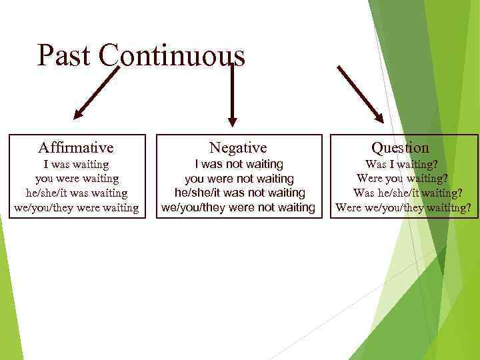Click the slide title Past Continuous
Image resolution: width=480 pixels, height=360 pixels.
click(141, 55)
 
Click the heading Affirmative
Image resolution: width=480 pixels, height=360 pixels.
click(76, 147)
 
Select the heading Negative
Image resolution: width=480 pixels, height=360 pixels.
click(238, 147)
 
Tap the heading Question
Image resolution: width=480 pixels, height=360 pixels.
click(400, 147)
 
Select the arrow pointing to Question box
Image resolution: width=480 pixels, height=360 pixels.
click(361, 94)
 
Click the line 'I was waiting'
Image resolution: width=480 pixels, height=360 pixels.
click(76, 164)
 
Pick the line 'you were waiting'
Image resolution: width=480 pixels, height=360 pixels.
click(76, 179)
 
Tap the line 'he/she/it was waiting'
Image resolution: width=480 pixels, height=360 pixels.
click(76, 193)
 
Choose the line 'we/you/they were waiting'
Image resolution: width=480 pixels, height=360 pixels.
click(76, 208)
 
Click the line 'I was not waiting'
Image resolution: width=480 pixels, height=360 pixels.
click(239, 164)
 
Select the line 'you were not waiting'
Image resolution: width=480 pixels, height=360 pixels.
click(239, 179)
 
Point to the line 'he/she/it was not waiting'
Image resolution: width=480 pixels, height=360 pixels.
click(239, 193)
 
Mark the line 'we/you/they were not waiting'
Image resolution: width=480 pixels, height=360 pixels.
click(239, 207)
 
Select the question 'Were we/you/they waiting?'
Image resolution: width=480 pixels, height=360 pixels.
click(404, 208)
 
